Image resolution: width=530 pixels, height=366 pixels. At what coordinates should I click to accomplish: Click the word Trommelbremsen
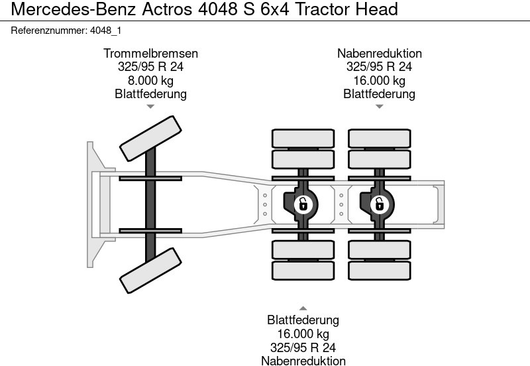[x=150, y=54]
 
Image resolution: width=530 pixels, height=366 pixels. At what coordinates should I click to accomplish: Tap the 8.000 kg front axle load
[x=150, y=80]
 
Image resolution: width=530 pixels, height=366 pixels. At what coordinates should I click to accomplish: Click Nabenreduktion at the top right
[x=379, y=54]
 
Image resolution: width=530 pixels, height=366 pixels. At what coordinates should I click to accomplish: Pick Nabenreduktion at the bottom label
[x=303, y=361]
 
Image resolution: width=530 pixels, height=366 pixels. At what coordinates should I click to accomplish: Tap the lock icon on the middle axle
[x=303, y=204]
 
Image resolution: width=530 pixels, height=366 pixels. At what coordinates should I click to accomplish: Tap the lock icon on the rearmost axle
[x=379, y=204]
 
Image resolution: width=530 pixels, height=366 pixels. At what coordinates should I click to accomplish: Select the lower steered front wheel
[x=150, y=271]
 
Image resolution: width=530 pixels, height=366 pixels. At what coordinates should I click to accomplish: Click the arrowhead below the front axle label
[x=150, y=106]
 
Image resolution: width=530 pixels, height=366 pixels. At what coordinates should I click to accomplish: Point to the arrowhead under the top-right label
[x=379, y=106]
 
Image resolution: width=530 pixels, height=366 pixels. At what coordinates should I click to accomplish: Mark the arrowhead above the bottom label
[x=303, y=308]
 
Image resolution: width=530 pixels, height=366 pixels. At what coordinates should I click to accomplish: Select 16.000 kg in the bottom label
[x=303, y=334]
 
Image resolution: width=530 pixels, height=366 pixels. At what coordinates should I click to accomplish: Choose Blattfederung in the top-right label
[x=379, y=93]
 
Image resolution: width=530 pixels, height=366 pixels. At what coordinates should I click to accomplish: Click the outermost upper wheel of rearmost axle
[x=379, y=138]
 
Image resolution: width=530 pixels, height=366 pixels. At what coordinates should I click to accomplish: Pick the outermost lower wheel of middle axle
[x=303, y=270]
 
